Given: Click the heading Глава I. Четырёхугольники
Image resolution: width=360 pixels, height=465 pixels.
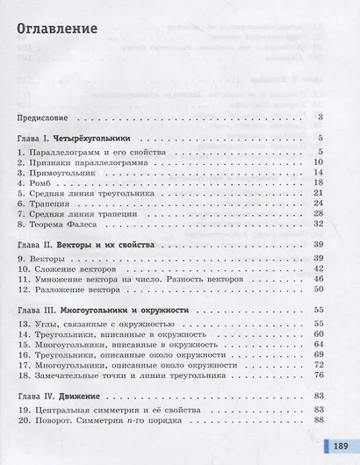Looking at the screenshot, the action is (x=73, y=139).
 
